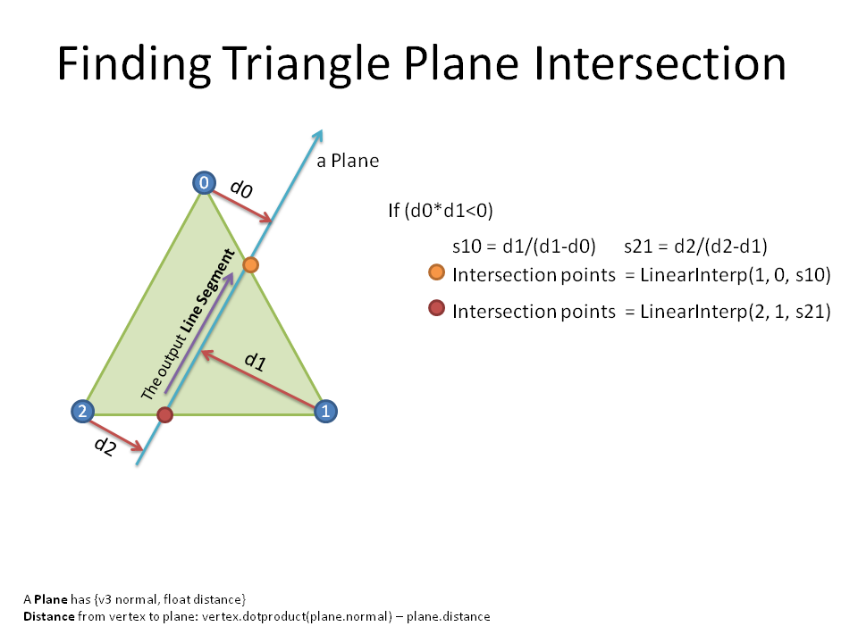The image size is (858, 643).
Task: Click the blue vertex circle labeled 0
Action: [204, 182]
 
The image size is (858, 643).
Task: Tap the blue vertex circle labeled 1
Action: [325, 411]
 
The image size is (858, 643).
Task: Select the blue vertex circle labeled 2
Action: [82, 411]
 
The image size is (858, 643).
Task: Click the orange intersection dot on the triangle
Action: [250, 265]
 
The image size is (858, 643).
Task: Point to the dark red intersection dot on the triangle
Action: [164, 414]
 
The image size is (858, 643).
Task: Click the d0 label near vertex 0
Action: [241, 188]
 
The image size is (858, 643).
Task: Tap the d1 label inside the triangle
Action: [255, 361]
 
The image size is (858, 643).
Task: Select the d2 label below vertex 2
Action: [105, 446]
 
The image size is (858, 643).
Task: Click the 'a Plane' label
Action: [348, 161]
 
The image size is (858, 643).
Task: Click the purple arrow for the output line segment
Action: [199, 332]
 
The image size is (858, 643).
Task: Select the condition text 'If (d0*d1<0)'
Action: [441, 211]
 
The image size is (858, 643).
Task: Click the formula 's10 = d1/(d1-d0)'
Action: [524, 246]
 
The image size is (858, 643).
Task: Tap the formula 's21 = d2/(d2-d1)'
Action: [695, 246]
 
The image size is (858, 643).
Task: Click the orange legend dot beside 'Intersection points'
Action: [437, 271]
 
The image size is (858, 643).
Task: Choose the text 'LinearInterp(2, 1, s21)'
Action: [736, 311]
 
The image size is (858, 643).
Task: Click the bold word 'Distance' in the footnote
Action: [48, 616]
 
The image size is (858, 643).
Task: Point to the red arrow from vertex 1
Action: [258, 380]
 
